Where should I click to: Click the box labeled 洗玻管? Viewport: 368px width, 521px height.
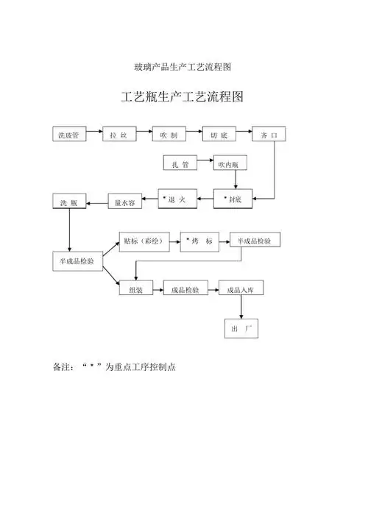[70, 135]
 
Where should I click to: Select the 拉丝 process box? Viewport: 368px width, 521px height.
[120, 135]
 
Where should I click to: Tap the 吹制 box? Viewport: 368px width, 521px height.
[169, 135]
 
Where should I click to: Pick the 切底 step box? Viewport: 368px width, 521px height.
[219, 135]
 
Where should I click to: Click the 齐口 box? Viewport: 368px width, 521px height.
[269, 135]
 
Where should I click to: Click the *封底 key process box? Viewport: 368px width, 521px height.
[233, 199]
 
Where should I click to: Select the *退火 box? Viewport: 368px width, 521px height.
[179, 199]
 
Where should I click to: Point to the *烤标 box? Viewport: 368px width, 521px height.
[200, 241]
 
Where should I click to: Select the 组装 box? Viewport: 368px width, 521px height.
[136, 290]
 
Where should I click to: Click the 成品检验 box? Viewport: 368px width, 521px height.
[185, 290]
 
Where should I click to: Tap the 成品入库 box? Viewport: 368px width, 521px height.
[241, 290]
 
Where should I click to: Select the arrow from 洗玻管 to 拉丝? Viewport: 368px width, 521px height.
[94, 135]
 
